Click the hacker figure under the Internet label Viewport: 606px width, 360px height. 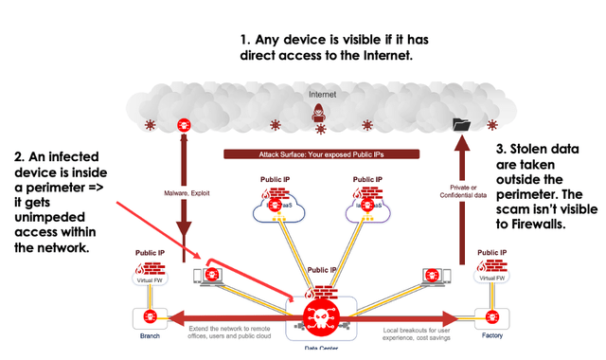(319, 114)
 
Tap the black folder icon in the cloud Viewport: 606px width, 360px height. (461, 124)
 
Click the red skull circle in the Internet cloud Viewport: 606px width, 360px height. (183, 124)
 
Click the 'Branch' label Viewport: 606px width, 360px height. (149, 335)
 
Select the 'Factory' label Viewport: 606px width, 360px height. (491, 335)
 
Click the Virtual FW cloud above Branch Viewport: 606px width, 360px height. (149, 272)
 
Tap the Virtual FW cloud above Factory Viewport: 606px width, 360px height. (491, 272)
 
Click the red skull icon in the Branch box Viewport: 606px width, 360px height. (149, 315)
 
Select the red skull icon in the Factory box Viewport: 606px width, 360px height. (491, 315)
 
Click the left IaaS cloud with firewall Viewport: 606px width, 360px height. (277, 208)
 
